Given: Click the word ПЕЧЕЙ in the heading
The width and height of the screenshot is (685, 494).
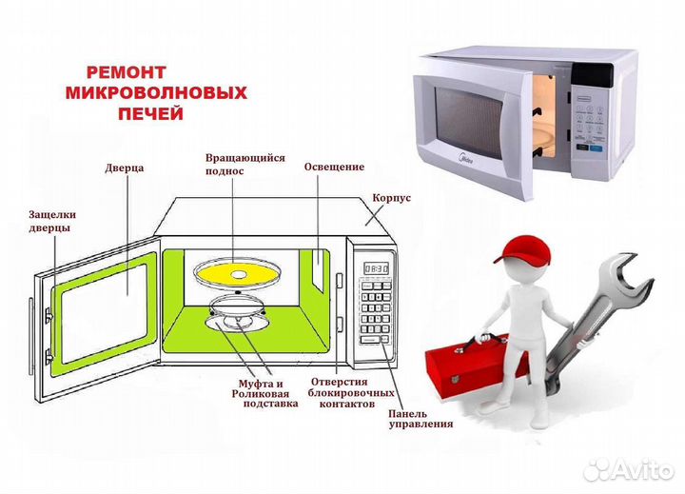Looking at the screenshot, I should [x=149, y=113].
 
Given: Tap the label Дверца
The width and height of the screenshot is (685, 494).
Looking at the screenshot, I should [x=125, y=168].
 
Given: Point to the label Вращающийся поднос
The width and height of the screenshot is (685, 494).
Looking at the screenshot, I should [x=245, y=164].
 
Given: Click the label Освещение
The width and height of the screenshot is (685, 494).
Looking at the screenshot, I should [x=334, y=167].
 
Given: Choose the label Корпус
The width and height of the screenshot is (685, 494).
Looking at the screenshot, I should [x=393, y=199].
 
